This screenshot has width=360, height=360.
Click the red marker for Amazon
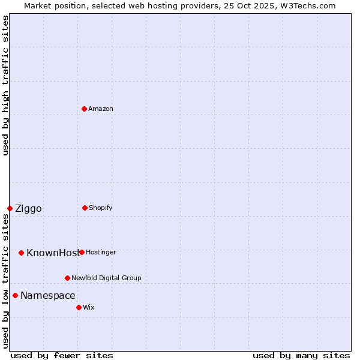(x=84, y=109)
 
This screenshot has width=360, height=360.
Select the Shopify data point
(x=85, y=208)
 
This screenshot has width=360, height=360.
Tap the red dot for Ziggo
(x=10, y=208)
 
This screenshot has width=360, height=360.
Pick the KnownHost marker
(x=21, y=253)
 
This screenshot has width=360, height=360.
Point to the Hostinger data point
(x=82, y=252)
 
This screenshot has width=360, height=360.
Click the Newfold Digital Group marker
(x=67, y=278)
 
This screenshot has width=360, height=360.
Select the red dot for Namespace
(x=15, y=295)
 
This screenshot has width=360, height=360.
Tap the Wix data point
(x=79, y=307)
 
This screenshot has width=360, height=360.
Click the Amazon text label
(x=101, y=109)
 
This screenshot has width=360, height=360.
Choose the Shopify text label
(x=101, y=208)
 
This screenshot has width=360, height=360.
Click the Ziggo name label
(x=29, y=209)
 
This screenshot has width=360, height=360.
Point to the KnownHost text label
(x=52, y=253)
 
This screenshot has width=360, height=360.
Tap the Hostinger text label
(x=101, y=252)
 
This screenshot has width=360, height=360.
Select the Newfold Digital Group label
(x=107, y=278)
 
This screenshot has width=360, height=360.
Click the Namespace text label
(x=48, y=296)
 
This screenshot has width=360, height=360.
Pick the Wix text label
(x=89, y=307)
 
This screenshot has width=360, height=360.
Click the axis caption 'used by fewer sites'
(x=62, y=355)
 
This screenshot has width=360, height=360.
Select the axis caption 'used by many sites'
(x=301, y=355)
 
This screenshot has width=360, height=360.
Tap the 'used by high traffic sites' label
(x=5, y=85)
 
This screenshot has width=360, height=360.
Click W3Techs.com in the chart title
(x=307, y=5)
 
